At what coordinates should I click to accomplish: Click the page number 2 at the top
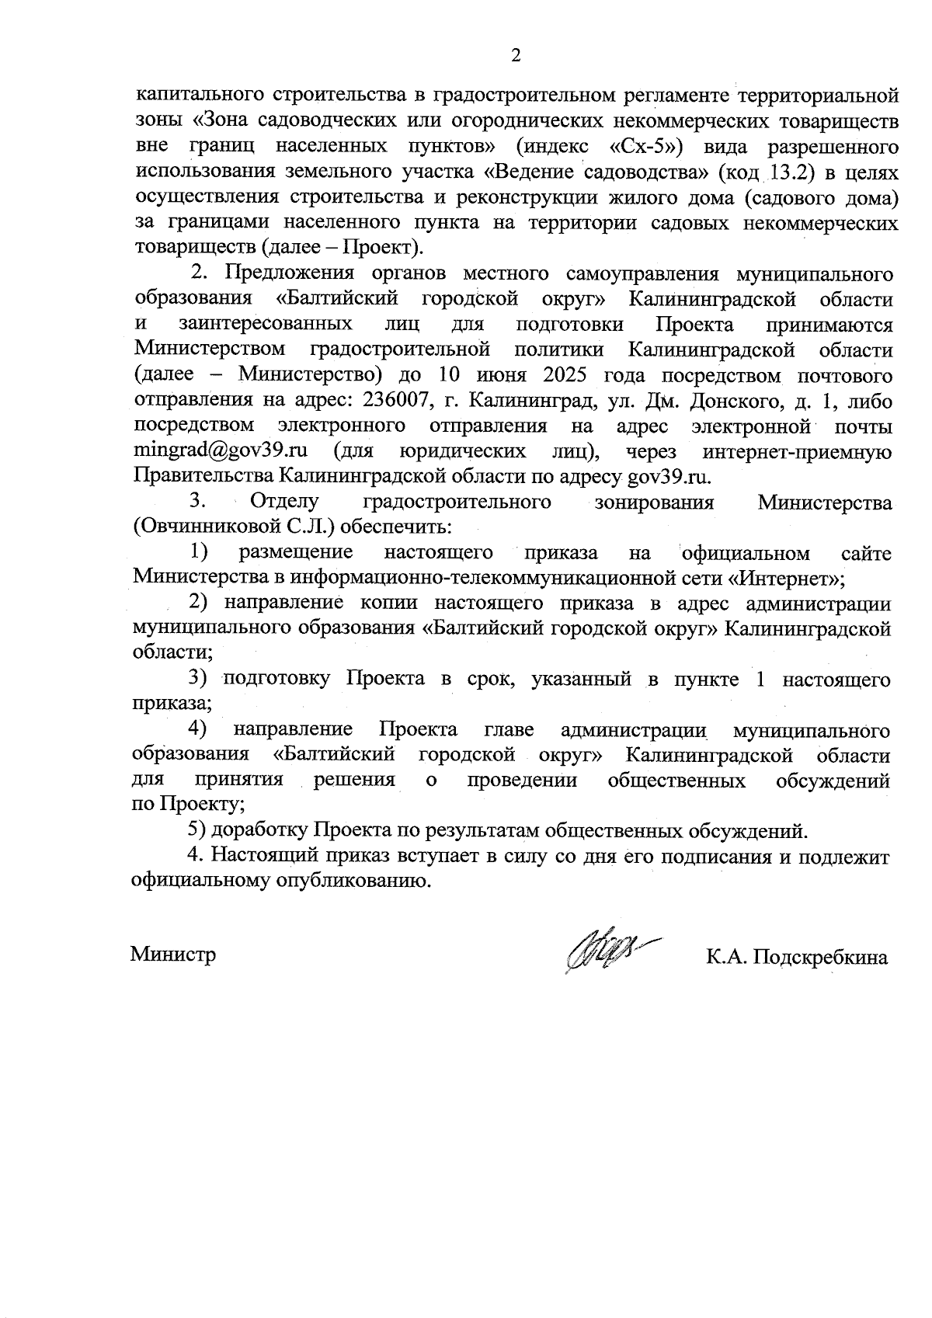pyautogui.click(x=515, y=55)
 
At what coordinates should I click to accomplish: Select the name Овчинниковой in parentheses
pyautogui.click(x=207, y=527)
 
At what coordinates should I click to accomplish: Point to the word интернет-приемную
pyautogui.click(x=797, y=450)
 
